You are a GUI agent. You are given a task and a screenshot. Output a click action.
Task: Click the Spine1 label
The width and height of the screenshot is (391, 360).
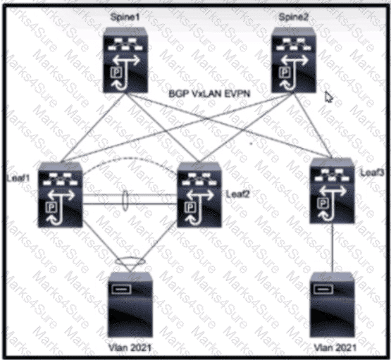[125, 17]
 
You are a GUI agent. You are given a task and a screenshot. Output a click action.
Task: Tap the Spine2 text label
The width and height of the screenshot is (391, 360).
[294, 17]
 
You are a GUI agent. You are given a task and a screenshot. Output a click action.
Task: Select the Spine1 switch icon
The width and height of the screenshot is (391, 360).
[125, 61]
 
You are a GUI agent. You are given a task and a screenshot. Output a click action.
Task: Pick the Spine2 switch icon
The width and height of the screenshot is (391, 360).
[294, 61]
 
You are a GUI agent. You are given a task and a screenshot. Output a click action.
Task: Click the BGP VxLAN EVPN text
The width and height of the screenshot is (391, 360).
[209, 94]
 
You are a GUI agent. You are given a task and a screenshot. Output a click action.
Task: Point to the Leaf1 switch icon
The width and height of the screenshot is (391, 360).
[60, 194]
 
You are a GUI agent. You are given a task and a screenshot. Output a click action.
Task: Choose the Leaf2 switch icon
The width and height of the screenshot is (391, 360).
[199, 194]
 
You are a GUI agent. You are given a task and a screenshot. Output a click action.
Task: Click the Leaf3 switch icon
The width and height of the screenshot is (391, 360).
[332, 191]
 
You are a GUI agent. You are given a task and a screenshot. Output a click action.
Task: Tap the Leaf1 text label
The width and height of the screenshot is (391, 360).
[18, 178]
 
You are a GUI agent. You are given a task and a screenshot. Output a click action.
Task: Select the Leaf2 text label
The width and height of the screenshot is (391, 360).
[237, 194]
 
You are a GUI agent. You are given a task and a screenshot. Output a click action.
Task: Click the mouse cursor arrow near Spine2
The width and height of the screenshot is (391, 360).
[329, 97]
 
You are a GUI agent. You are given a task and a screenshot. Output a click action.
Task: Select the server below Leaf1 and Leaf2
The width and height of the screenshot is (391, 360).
[130, 304]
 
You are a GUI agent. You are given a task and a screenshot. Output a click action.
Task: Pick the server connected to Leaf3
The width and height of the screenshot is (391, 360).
[332, 304]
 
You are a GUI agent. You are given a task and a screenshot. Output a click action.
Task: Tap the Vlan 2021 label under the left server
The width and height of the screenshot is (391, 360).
[130, 347]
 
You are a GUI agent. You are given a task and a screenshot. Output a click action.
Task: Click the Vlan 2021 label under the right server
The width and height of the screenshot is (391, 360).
[335, 347]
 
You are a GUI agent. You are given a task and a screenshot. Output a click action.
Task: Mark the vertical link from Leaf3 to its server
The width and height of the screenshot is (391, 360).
[333, 247]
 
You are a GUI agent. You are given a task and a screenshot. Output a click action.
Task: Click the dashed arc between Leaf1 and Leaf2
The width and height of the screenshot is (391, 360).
[130, 158]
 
